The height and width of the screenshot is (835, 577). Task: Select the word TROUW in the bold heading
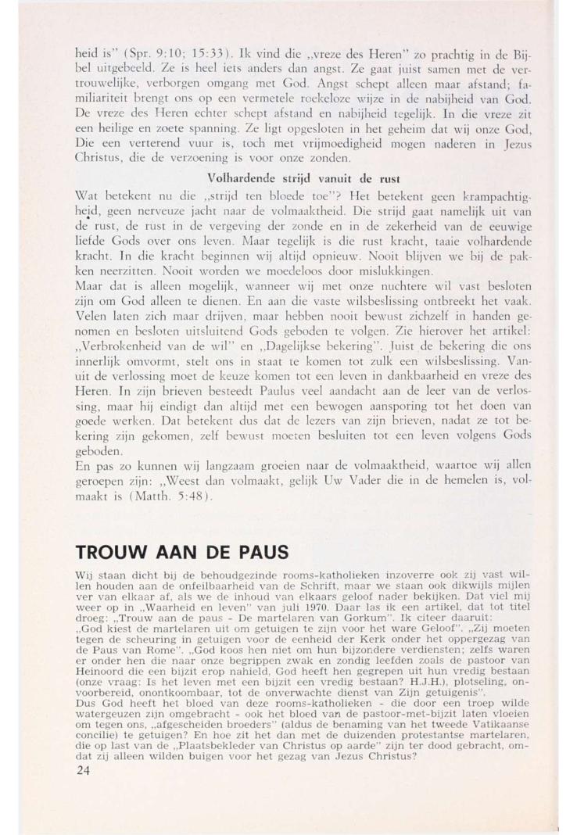click(113, 552)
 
